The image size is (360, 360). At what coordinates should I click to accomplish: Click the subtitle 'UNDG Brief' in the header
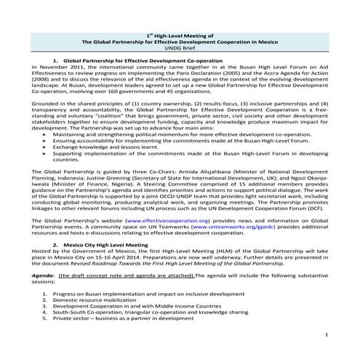click(x=180, y=49)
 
